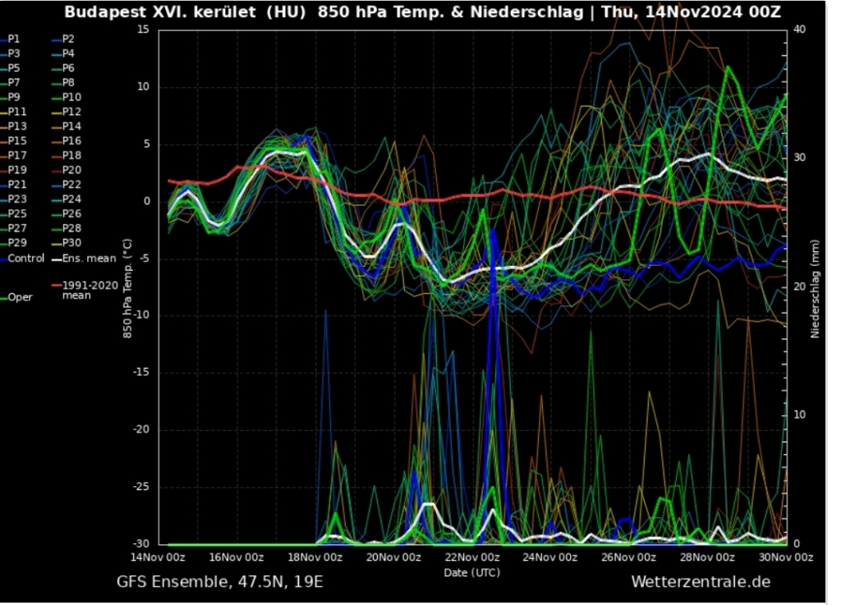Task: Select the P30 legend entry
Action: pyautogui.click(x=71, y=243)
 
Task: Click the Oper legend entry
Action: pyautogui.click(x=21, y=297)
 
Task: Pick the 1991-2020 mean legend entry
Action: pyautogui.click(x=90, y=289)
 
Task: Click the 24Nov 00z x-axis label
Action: pyautogui.click(x=550, y=557)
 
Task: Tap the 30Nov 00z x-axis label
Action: pyautogui.click(x=784, y=557)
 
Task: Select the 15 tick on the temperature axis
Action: pyautogui.click(x=143, y=30)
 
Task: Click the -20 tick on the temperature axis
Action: pyautogui.click(x=140, y=430)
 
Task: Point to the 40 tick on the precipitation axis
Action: pyautogui.click(x=799, y=30)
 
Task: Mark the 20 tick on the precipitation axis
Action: pyautogui.click(x=799, y=286)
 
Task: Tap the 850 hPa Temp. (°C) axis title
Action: pyautogui.click(x=126, y=286)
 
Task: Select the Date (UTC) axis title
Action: pyautogui.click(x=471, y=571)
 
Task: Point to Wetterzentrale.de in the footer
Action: pyautogui.click(x=701, y=582)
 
